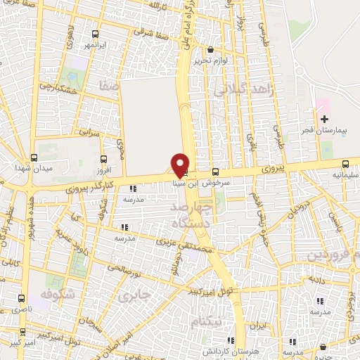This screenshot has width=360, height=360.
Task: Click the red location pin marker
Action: tap(180, 165)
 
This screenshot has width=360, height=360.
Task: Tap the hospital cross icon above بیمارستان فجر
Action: tap(324, 120)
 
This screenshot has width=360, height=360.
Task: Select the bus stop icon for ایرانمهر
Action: tap(96, 33)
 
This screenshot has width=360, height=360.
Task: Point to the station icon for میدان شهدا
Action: tap(34, 157)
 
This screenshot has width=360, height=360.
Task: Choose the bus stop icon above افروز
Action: tap(104, 159)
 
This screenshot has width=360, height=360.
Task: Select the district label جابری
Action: tap(134, 295)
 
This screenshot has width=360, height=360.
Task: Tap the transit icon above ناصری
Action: tap(21, 297)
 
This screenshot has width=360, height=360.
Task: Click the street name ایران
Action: tap(260, 326)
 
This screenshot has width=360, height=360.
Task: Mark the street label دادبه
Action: tap(311, 279)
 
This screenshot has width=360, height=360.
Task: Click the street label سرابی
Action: tap(89, 131)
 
